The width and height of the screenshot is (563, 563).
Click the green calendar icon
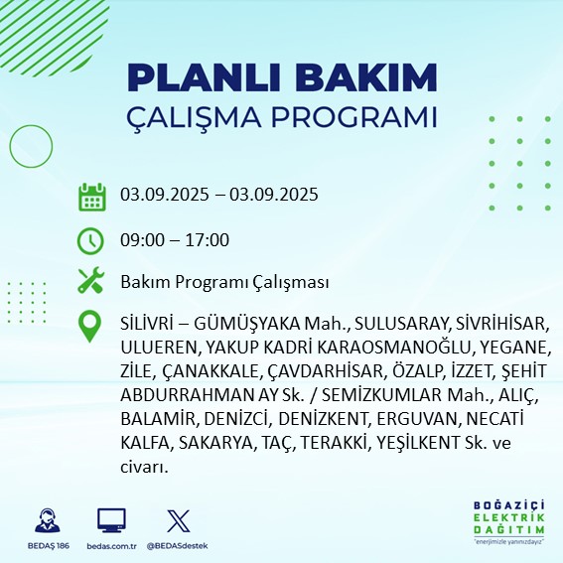[x=91, y=196]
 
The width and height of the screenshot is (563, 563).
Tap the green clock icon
[x=91, y=239]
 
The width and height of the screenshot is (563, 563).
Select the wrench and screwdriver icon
[x=91, y=282]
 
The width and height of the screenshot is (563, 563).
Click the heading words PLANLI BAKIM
[x=282, y=77]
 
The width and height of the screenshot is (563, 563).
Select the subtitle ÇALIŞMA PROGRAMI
[x=282, y=116]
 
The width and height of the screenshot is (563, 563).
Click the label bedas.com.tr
[x=111, y=546]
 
